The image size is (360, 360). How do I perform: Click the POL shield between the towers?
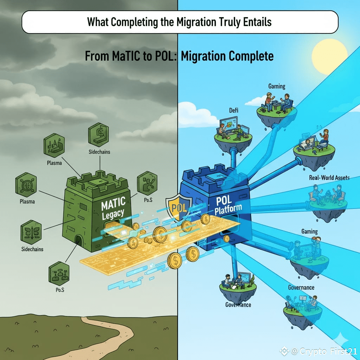(179, 207)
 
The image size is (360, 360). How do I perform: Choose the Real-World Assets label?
(329, 178)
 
